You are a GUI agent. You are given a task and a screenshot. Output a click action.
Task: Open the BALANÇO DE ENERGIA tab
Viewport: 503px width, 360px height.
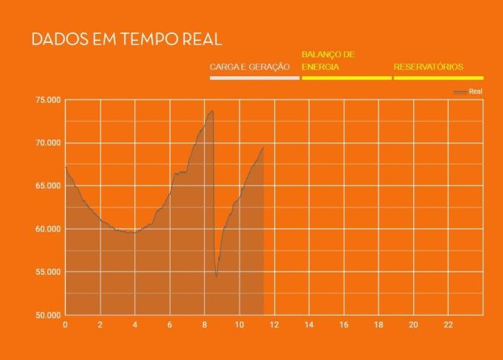coord(329,60)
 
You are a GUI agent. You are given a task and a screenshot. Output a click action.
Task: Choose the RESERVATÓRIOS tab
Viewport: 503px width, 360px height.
coord(428,67)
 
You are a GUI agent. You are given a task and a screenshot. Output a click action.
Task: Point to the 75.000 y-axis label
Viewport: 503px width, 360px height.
coord(47,100)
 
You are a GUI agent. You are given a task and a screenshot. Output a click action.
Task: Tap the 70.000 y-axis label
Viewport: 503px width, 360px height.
coord(47,143)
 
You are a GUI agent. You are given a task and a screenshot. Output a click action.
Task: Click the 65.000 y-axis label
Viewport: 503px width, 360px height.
coord(47,186)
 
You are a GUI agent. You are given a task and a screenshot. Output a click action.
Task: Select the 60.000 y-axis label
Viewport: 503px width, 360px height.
coord(47,229)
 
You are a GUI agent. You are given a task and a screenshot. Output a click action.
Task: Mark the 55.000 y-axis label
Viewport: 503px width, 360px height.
coord(47,272)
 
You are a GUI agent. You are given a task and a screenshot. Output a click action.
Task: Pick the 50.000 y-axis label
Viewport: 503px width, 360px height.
coord(47,315)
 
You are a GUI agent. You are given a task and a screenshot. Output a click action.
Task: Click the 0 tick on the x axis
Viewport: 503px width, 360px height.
coord(65,325)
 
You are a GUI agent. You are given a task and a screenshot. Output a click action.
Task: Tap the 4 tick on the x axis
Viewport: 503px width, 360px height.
coord(134,325)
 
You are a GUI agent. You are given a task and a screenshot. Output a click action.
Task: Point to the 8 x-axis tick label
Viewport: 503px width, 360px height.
coord(204,325)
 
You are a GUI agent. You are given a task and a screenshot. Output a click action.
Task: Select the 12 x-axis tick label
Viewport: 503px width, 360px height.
coord(273,325)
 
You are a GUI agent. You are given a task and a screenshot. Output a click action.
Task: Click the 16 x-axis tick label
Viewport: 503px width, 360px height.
coord(344,325)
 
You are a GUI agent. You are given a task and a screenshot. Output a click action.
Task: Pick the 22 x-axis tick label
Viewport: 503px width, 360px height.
coord(448,325)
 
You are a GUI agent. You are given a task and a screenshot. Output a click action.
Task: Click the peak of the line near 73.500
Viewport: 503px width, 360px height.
coord(212,111)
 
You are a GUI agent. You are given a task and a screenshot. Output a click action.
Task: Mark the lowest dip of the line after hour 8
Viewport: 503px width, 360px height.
coord(216,276)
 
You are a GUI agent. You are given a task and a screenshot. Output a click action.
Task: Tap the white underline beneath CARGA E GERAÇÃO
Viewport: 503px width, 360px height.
coord(255,78)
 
